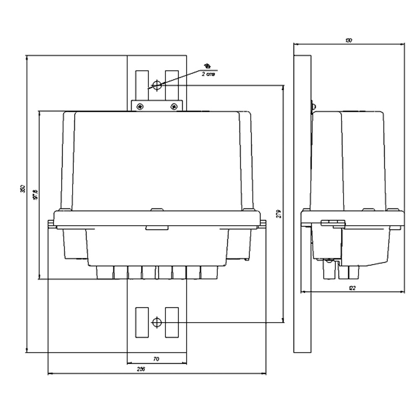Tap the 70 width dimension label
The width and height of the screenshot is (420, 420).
pyautogui.click(x=156, y=359)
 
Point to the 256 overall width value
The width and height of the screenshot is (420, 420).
pyautogui.click(x=141, y=369)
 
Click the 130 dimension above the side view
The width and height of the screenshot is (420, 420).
pyautogui.click(x=349, y=40)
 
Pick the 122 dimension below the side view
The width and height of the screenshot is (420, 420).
pyautogui.click(x=353, y=288)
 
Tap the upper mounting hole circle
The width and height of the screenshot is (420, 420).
pyautogui.click(x=157, y=85)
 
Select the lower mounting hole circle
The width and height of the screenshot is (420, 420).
pyautogui.click(x=157, y=323)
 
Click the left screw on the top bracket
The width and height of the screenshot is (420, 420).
pyautogui.click(x=139, y=107)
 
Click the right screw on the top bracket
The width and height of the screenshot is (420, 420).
pyautogui.click(x=173, y=107)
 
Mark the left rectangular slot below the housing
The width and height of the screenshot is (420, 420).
pyautogui.click(x=142, y=322)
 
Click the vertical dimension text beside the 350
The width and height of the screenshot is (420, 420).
pyautogui.click(x=36, y=194)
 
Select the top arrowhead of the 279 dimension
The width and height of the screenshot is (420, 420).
pyautogui.click(x=283, y=87)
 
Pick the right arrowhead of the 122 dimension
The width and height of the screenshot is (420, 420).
pyautogui.click(x=402, y=292)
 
